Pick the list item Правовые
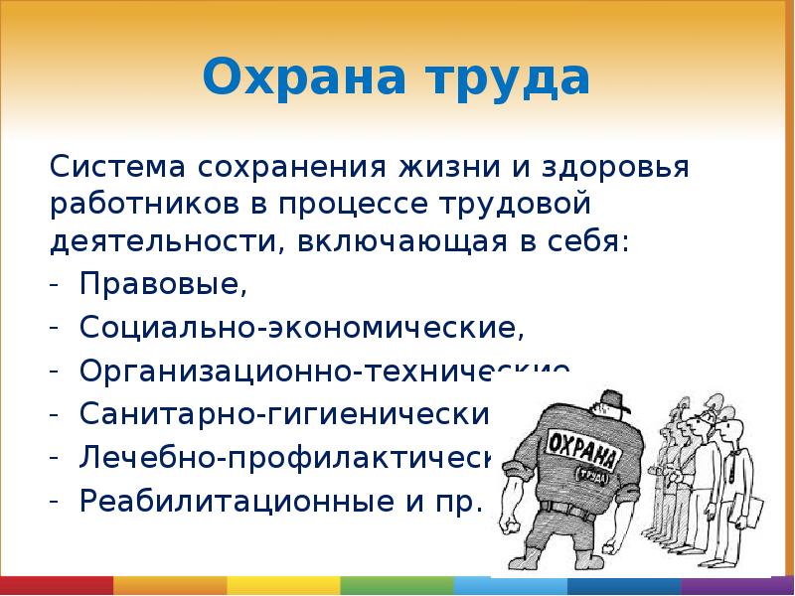163,286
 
